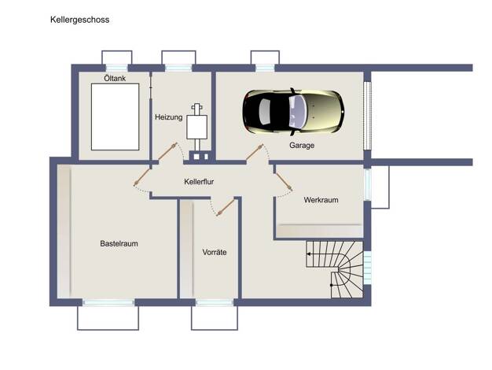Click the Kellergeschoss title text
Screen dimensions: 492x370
click(79, 20)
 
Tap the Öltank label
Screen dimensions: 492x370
click(115, 78)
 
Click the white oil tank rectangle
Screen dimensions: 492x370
click(116, 117)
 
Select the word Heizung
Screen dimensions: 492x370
click(168, 117)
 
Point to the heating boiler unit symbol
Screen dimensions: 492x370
click(197, 127)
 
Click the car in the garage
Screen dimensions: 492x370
click(293, 112)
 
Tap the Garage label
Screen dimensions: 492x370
click(302, 145)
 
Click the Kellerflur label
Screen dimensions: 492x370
click(199, 182)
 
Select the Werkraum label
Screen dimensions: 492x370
click(321, 200)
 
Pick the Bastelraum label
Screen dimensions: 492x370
click(119, 243)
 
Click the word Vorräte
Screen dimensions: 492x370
click(215, 252)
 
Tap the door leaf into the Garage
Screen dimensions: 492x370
click(255, 152)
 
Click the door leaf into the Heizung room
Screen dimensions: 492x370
click(167, 151)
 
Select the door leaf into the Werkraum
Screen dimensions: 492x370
click(284, 182)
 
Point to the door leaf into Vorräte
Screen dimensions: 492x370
click(226, 207)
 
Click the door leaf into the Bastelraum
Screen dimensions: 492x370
click(141, 177)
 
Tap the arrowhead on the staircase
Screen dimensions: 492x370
click(309, 253)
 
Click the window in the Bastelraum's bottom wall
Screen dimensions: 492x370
click(108, 302)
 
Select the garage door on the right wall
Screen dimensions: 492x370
click(368, 116)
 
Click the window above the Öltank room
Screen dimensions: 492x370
click(117, 68)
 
